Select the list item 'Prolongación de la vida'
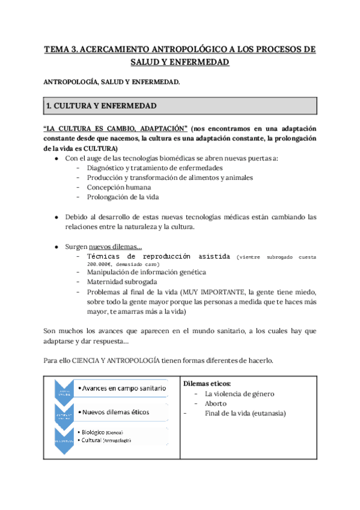click(127, 197)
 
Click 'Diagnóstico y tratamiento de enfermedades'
click(154, 168)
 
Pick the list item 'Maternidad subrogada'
click(122, 281)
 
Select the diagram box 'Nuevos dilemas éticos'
click(115, 412)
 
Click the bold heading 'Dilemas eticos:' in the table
click(206, 383)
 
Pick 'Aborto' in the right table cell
click(216, 404)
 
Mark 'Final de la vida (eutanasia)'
click(245, 413)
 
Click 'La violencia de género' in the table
click(239, 393)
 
